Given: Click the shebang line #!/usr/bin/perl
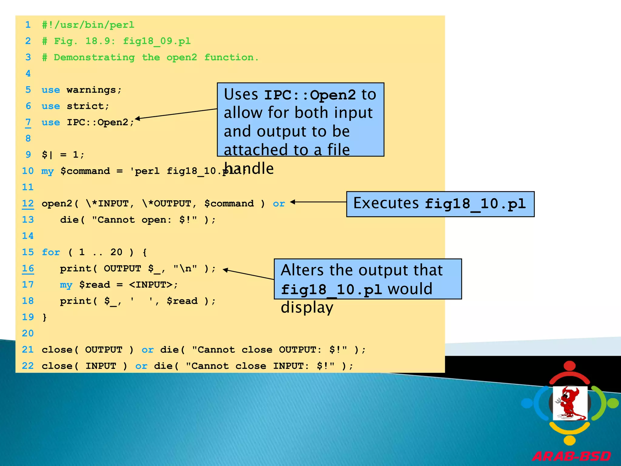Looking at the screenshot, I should point(88,25).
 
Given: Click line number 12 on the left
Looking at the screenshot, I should point(28,203).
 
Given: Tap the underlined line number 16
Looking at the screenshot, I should point(28,268).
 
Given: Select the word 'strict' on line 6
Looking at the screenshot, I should point(86,106).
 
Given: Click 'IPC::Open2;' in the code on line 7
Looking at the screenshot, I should point(100,122).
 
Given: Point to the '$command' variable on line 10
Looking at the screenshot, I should point(85,171).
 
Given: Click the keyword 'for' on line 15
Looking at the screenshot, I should point(51,252).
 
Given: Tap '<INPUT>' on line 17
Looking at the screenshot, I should point(151,285).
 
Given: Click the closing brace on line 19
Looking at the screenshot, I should point(45,317).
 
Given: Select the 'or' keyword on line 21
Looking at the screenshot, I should point(148,350).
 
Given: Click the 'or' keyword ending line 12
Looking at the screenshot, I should point(279,204).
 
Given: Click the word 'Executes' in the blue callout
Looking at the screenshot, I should point(386,203).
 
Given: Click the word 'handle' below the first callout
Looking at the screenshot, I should point(249,168).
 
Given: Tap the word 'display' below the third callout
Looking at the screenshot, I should point(307,307).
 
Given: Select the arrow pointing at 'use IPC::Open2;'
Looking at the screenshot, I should point(176,114).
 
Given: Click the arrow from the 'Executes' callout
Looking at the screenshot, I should point(318,202).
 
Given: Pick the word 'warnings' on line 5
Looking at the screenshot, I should point(91,90).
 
